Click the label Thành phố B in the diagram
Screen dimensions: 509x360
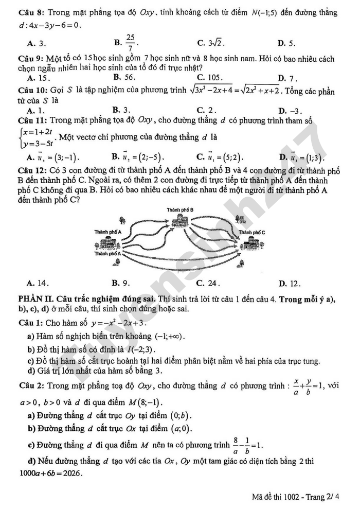coord(180,209)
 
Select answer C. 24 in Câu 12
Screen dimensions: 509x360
coord(209,282)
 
